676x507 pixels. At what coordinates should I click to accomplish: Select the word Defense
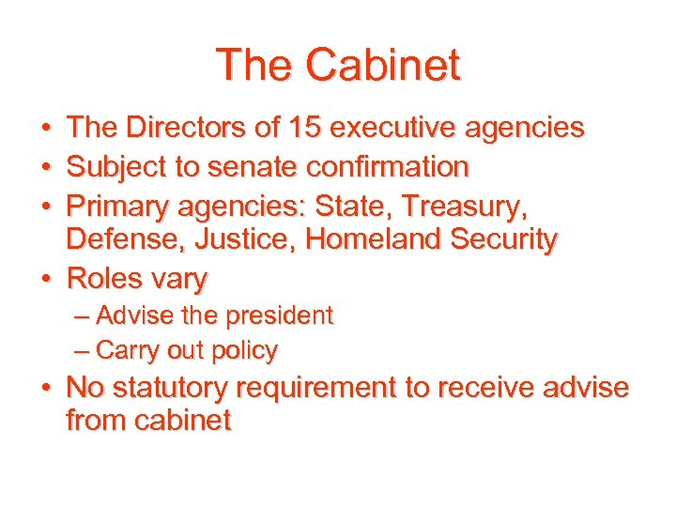coord(125,239)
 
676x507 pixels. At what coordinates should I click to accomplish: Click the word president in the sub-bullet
coord(283,316)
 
